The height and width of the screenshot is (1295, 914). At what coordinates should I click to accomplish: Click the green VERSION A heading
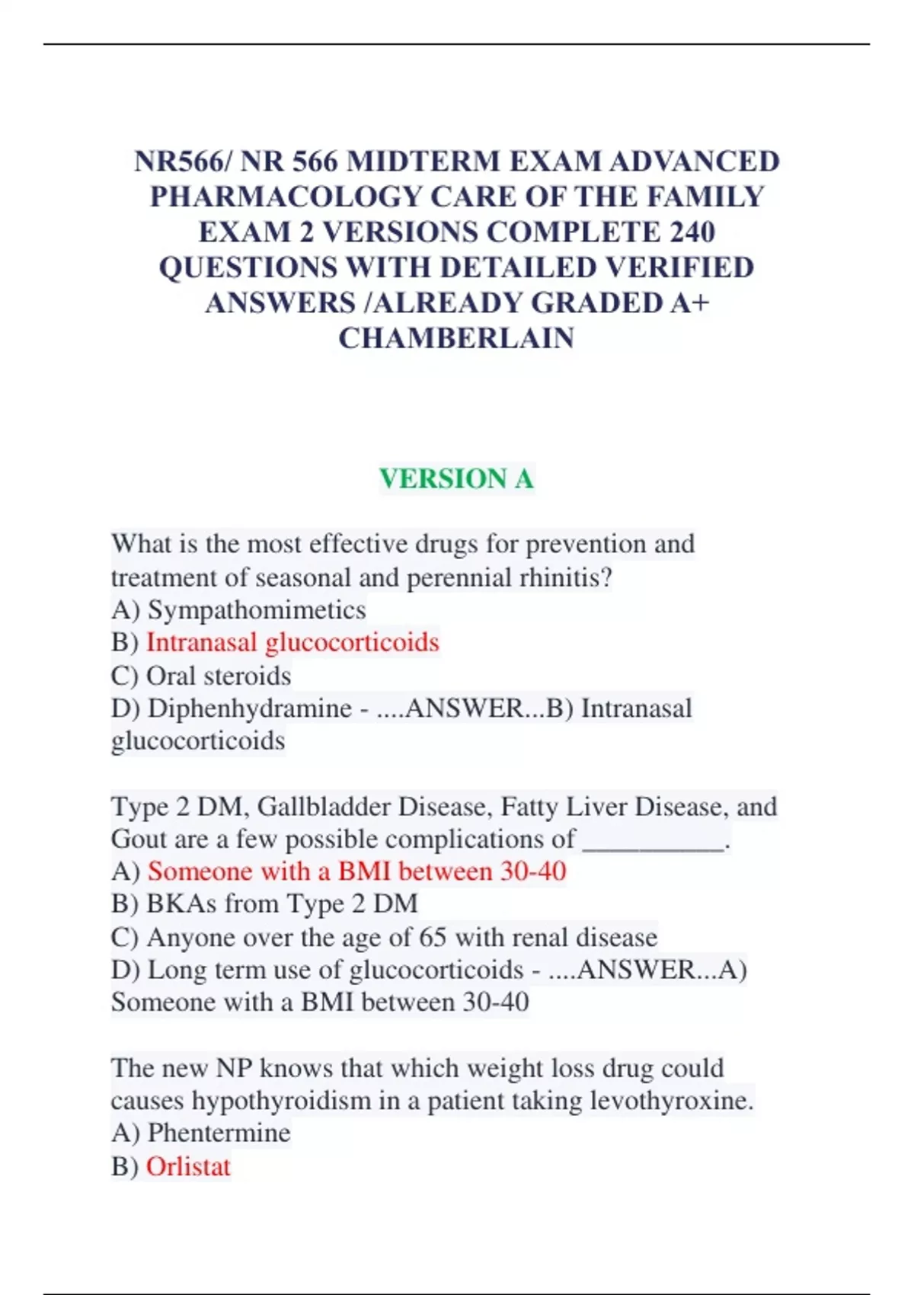456,478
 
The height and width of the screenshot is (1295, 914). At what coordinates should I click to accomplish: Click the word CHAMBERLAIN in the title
456,337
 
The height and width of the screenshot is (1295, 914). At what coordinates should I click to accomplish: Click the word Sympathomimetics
257,610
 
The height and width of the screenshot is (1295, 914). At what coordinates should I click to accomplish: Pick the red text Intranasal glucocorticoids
292,642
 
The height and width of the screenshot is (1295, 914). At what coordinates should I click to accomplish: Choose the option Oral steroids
218,676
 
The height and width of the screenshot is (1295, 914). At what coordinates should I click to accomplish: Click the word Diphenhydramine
249,708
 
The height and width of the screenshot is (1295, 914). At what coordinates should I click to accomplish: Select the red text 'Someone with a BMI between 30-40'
356,871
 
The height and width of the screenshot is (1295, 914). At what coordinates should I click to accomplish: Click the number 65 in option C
432,937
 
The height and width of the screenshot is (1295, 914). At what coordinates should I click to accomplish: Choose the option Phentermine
219,1133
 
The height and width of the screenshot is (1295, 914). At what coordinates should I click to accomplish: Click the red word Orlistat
188,1166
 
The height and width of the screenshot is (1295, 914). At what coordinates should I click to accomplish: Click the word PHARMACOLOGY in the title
286,197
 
